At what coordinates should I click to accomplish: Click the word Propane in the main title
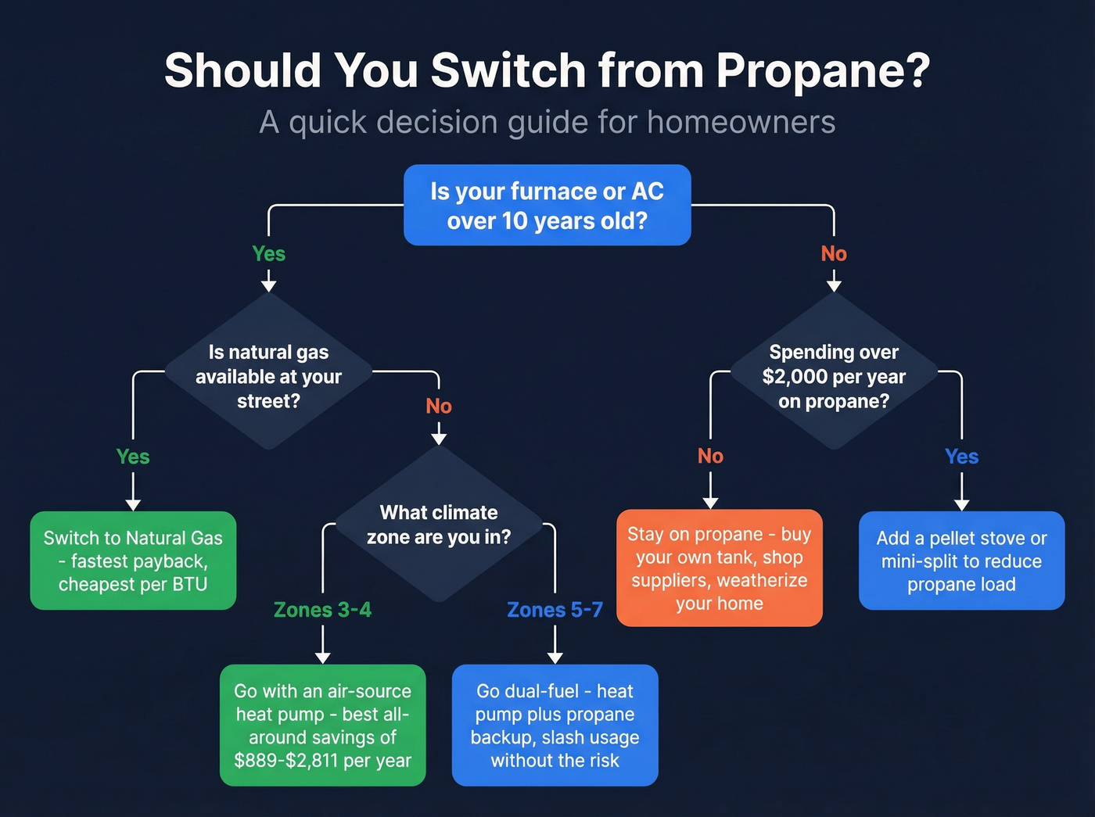point(822,70)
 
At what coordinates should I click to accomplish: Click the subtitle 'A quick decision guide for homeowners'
point(547,122)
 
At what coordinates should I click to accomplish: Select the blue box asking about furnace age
point(547,206)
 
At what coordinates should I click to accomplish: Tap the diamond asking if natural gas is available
point(268,375)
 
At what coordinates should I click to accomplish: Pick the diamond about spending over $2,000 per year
point(834,375)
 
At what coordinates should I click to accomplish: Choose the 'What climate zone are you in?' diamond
point(439,525)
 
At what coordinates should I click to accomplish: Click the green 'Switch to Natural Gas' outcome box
point(133,561)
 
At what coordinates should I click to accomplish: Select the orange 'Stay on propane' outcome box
point(719,568)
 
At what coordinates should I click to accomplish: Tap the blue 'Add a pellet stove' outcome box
point(961,561)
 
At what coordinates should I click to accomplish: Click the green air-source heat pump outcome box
point(322,726)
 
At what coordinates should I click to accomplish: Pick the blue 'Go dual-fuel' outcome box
point(555,726)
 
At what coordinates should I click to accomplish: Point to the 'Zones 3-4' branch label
point(322,610)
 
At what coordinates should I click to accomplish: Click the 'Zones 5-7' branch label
point(555,610)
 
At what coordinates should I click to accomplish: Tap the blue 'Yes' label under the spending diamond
point(961,457)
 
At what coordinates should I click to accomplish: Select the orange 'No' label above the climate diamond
point(439,406)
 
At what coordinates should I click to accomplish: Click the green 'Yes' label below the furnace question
point(268,254)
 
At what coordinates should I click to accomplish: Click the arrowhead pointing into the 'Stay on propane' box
point(710,502)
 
